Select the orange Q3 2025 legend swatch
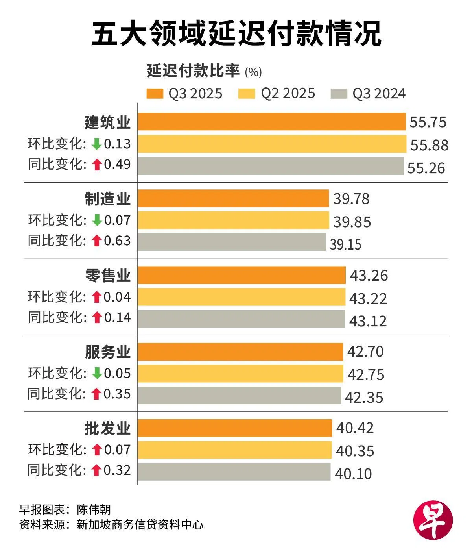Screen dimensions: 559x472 coord(155,94)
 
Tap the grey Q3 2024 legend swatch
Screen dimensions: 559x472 coord(339,94)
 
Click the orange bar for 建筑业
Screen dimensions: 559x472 coord(271,122)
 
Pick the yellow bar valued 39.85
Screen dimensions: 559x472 coord(233,220)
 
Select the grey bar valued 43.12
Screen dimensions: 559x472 coord(241,319)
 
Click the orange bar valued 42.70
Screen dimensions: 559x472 coord(240,352)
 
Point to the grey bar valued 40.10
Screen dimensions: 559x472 coord(234,472)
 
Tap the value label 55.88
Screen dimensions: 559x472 coord(429,145)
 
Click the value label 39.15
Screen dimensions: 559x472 coord(345,244)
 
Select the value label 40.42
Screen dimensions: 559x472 coord(355,428)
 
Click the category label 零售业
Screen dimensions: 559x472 coord(107,276)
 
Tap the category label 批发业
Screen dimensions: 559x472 coord(107,428)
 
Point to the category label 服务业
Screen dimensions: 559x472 coord(107,352)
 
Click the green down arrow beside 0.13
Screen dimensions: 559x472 coord(96,144)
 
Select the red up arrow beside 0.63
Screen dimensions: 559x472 coord(96,241)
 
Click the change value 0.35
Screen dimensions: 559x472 coord(117,394)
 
